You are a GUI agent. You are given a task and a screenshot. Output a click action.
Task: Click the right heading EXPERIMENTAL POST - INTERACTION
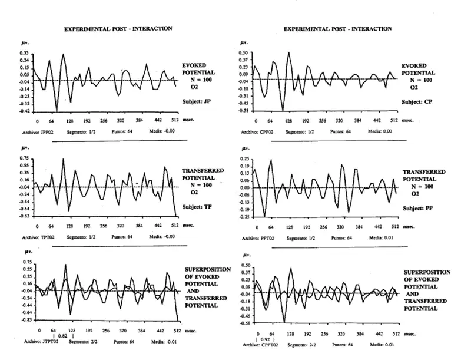click(x=337, y=28)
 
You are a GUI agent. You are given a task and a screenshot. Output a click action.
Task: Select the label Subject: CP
click(x=417, y=101)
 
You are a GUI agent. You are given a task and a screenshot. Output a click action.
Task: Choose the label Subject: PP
click(x=418, y=208)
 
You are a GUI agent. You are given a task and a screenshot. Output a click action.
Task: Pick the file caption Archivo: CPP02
click(x=260, y=131)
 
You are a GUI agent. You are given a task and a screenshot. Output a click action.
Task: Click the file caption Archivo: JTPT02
click(x=42, y=341)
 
